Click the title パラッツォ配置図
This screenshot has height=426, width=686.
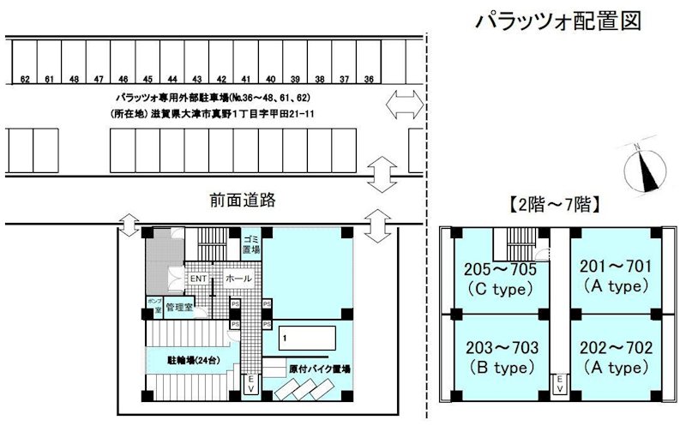point(557,21)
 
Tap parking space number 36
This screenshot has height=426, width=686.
point(369,64)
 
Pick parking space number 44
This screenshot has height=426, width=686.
point(173,64)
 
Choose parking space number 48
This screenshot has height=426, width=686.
point(75,64)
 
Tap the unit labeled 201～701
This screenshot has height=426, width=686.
point(617,274)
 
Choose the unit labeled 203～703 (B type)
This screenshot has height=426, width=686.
point(502,357)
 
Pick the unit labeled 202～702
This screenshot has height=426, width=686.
point(617,357)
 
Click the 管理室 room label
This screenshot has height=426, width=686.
point(180,306)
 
